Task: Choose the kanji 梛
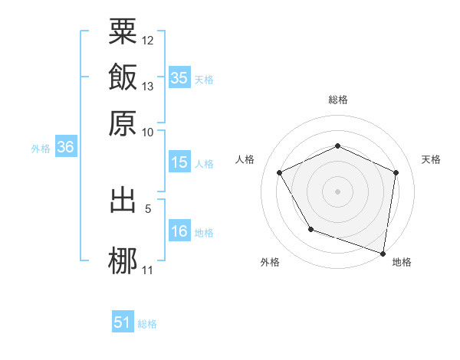coord(123,259)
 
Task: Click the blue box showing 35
coord(179,77)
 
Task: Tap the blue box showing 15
coord(179,162)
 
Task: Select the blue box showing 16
coord(179,231)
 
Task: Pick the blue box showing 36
coord(65,148)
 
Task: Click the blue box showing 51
coord(123,322)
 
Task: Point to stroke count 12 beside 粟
coord(148,40)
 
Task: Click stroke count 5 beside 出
coord(148,207)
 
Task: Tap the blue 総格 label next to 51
coord(147,324)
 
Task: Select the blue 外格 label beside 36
coord(41,149)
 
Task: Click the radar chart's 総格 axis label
coord(337,100)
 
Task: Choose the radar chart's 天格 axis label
coord(431,159)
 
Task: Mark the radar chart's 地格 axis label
coord(402,262)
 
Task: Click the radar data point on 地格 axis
coord(383,252)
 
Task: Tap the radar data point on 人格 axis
coord(280,172)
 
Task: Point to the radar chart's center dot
coord(337,191)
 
